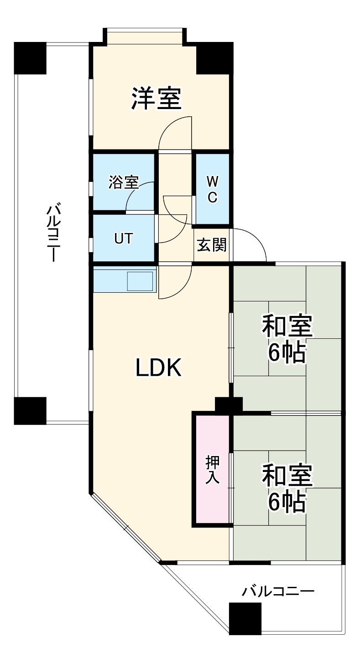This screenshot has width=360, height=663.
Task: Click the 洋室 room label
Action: point(157,98)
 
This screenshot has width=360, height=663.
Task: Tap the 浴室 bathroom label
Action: point(123,182)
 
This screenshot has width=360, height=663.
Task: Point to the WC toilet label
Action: point(212,190)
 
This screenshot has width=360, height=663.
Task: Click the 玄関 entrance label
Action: point(211,245)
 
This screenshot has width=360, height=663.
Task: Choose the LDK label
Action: point(159,368)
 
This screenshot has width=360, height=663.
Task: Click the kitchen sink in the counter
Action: point(140,281)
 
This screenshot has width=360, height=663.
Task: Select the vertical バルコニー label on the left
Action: point(54,233)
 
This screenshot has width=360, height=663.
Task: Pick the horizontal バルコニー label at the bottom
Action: point(278,592)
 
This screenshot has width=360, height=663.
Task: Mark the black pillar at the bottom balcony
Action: point(245,618)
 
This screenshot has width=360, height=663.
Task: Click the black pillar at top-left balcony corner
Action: point(30,58)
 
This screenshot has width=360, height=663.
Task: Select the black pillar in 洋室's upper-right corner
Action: point(214,58)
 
